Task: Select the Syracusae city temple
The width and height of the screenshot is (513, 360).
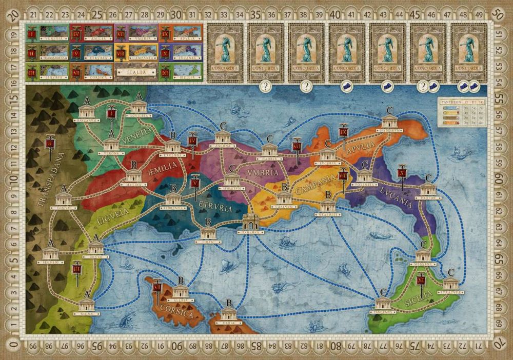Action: (451, 284)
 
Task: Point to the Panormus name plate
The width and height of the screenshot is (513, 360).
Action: (382, 310)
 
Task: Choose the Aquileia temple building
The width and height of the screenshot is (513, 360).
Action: (138, 107)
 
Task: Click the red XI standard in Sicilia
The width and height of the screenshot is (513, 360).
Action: (422, 281)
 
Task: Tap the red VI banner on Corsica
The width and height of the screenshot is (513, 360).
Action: (157, 290)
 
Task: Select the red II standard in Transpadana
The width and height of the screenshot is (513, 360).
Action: (50, 145)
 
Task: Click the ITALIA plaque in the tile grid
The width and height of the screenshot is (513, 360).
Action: (136, 72)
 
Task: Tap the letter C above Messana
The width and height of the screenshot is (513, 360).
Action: (423, 244)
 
